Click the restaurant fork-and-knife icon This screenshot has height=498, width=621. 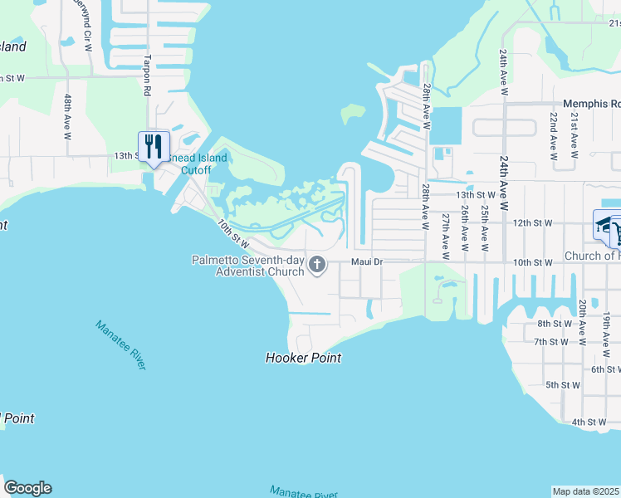click(154, 147)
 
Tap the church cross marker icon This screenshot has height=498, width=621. click(316, 265)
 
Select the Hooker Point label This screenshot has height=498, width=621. click(303, 359)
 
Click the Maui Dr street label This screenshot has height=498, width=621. click(365, 262)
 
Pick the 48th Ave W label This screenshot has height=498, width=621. click(67, 115)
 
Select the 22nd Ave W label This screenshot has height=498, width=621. click(553, 135)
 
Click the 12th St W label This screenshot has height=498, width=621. click(532, 223)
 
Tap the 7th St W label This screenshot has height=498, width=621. click(552, 342)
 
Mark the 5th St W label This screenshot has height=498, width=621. click(563, 385)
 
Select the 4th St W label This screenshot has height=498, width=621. click(589, 422)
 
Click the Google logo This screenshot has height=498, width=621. click(27, 488)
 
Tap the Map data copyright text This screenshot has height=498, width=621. click(586, 491)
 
